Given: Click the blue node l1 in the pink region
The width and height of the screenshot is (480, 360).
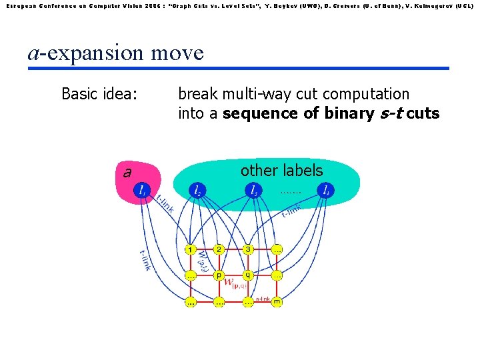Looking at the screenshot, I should tap(141, 191).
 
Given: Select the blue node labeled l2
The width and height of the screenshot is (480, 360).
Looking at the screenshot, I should tap(197, 191).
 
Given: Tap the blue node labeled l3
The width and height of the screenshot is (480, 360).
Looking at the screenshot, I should tap(253, 191).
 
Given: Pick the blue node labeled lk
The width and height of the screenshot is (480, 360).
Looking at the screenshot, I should tap(325, 191).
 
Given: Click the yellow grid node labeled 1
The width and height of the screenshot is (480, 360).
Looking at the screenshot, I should tap(191, 250).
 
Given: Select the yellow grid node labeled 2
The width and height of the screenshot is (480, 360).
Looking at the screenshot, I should tap(219, 250).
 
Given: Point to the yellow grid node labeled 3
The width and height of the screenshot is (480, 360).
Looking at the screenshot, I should tap(247, 250).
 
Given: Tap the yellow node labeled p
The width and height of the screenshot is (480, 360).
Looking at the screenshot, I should tap(219, 275).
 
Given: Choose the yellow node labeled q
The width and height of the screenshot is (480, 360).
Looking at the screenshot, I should tap(248, 275).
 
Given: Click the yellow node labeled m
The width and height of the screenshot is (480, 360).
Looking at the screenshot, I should tap(277, 301).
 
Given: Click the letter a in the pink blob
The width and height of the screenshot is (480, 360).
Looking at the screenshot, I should tap(127, 173).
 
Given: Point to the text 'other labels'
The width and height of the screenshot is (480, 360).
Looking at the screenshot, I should tap(281, 171).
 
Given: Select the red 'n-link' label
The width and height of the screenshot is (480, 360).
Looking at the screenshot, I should tap(263, 299).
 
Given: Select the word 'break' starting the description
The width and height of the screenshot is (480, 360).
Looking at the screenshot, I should tap(197, 94).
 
